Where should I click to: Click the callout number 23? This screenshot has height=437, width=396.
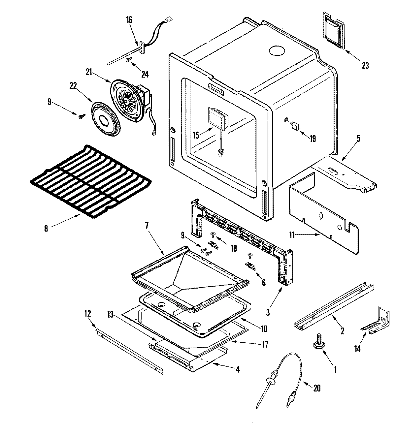(x=365, y=65)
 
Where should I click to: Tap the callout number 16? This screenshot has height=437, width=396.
(x=129, y=19)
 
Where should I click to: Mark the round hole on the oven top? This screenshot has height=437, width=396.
(x=277, y=51)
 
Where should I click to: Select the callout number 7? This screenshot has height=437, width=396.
(x=147, y=226)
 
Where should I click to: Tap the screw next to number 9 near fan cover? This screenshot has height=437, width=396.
(x=81, y=115)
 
